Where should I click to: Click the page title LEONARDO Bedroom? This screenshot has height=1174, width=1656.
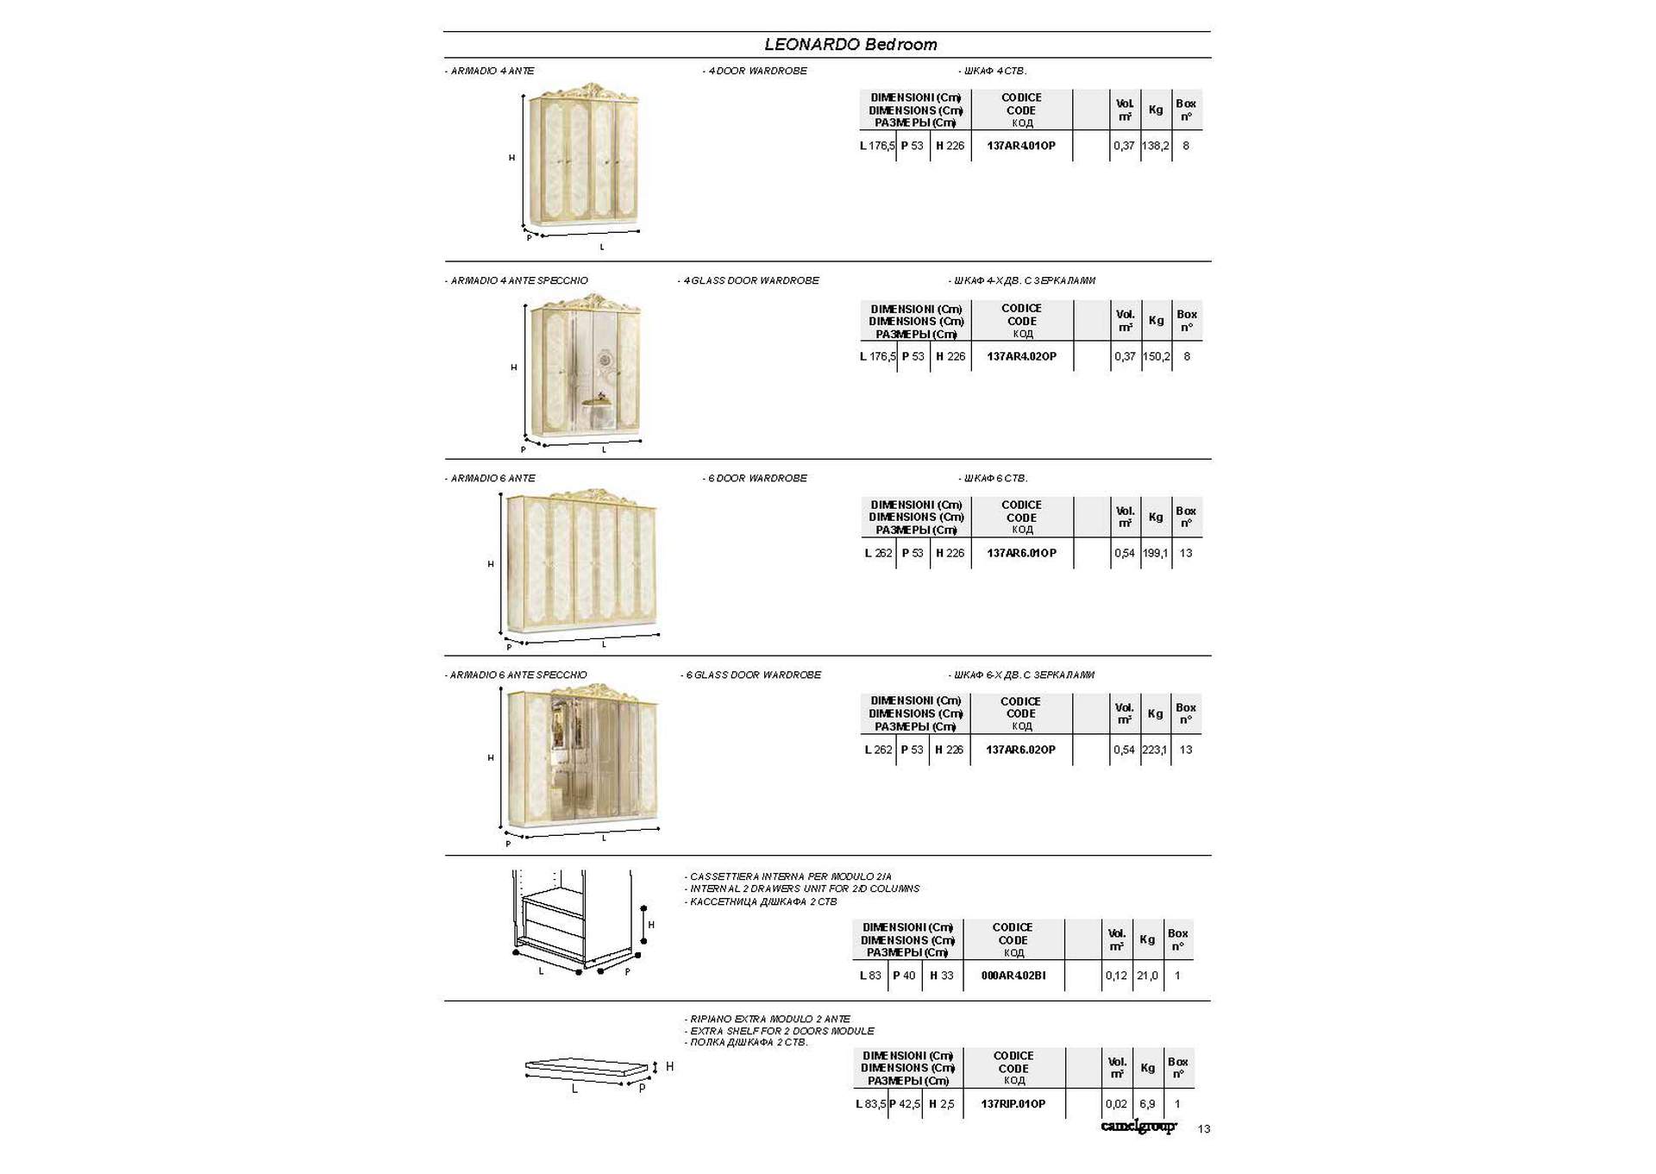tap(850, 45)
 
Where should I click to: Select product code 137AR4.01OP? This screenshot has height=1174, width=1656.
tap(1021, 146)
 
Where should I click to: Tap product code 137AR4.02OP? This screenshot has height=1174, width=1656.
tap(1021, 356)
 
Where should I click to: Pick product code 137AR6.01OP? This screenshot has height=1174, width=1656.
tap(1021, 553)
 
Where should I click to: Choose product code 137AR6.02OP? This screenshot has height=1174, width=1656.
tap(1020, 750)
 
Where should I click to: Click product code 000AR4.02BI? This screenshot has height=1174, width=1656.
tap(1013, 976)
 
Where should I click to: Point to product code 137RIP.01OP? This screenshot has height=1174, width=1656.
tap(1013, 1104)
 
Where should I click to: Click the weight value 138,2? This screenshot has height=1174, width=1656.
tap(1155, 146)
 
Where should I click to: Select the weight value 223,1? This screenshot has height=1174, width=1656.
tap(1154, 750)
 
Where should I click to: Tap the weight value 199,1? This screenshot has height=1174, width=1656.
tap(1155, 553)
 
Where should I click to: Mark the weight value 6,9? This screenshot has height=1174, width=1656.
tap(1147, 1104)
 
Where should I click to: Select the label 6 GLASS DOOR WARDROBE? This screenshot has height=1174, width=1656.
tap(752, 675)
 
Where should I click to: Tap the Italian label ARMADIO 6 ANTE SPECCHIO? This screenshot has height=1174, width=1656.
tap(517, 675)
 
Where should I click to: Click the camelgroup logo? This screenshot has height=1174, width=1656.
tap(1138, 1127)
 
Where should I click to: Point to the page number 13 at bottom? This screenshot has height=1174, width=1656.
tap(1204, 1129)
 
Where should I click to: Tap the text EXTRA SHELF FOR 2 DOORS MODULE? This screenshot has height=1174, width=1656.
tap(781, 1031)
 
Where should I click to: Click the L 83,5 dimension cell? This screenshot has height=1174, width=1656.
tap(870, 1104)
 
